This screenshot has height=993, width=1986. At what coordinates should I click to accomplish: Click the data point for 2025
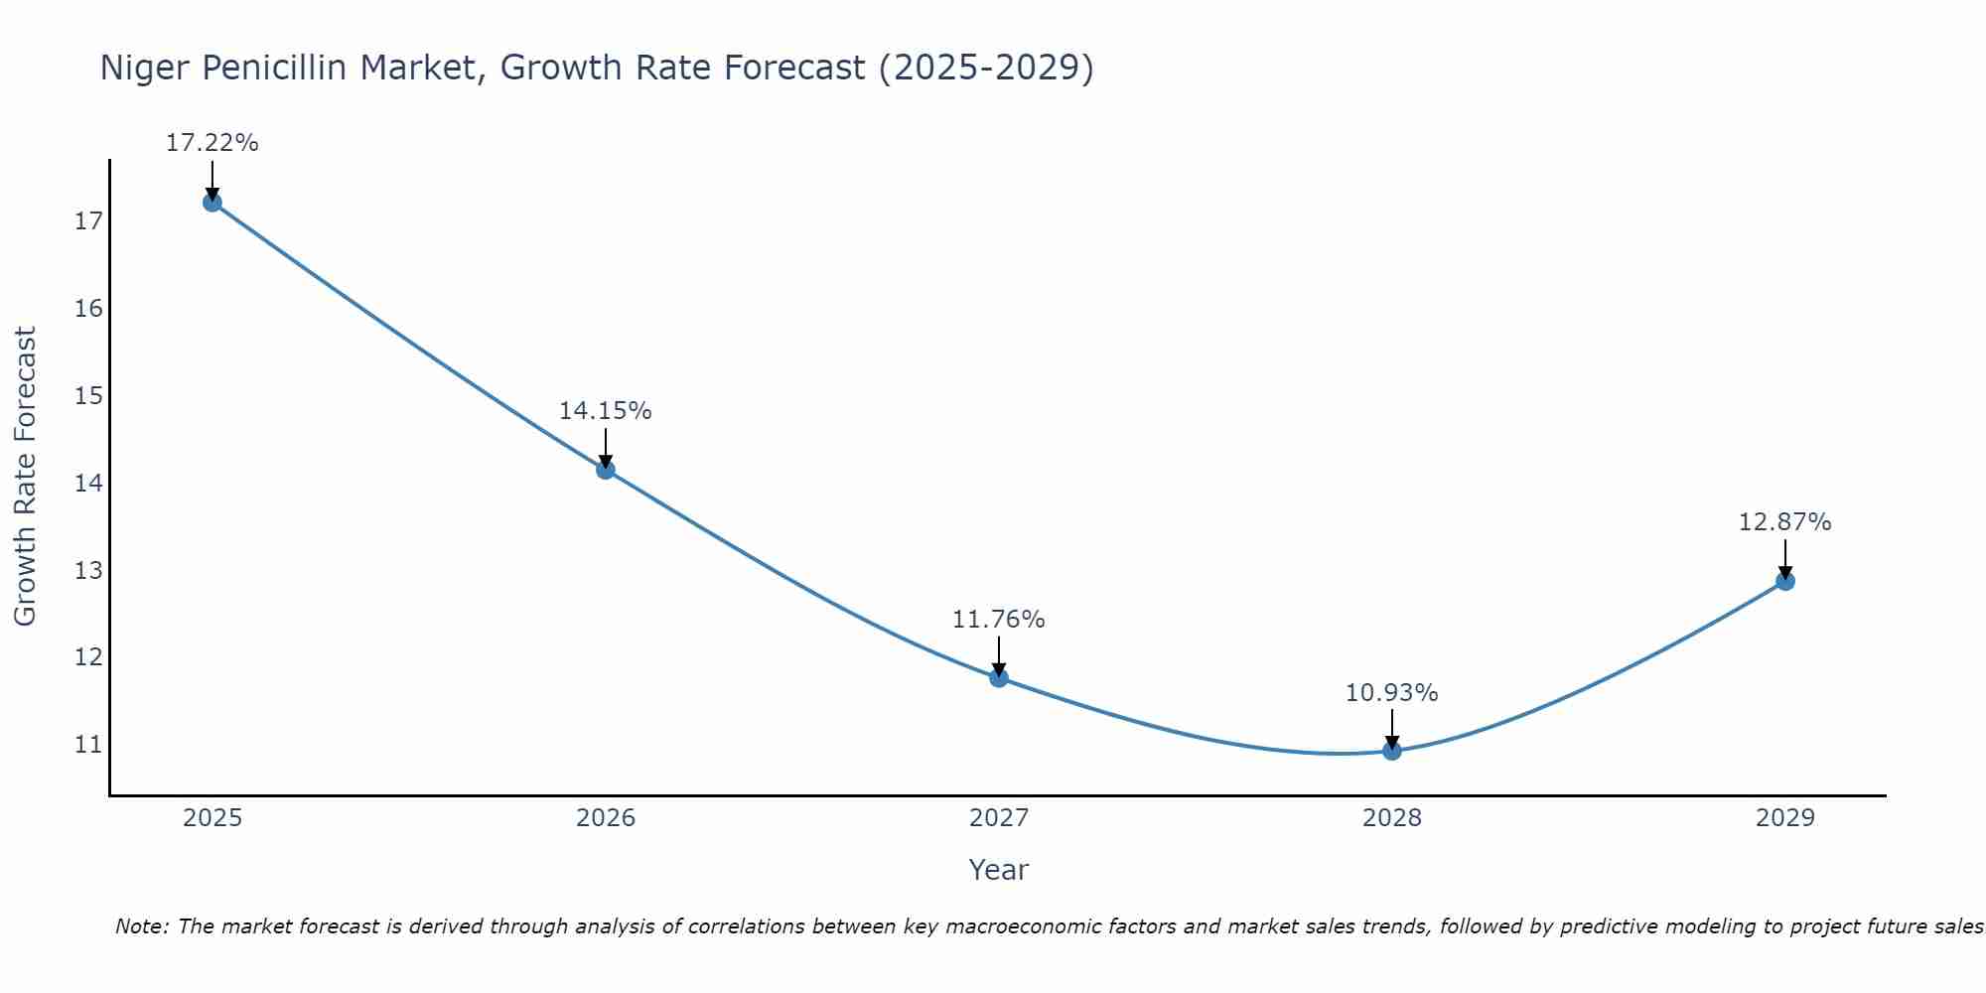[212, 203]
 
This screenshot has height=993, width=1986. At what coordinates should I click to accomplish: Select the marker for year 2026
[606, 470]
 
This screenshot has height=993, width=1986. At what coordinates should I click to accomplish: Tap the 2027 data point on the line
[999, 678]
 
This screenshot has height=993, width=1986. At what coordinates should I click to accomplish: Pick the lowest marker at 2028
[1392, 751]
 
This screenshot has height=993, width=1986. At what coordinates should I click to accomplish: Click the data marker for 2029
[1785, 581]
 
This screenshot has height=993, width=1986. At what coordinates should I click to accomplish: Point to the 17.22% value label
[212, 143]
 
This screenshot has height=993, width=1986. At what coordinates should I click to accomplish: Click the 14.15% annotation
[605, 411]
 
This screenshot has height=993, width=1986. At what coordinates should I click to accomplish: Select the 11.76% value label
[998, 620]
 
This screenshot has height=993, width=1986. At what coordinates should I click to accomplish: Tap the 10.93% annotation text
[1391, 693]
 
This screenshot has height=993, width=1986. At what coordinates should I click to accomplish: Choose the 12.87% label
[1784, 522]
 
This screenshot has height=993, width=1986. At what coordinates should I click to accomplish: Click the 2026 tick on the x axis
[606, 818]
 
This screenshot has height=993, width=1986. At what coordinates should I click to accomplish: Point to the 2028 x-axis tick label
[1392, 818]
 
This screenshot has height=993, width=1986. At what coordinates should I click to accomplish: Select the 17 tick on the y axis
[88, 221]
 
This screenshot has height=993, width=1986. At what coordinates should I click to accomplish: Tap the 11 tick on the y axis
[88, 745]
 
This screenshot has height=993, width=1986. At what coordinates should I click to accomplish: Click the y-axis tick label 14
[88, 484]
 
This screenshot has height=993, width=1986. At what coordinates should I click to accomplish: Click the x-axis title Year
[998, 870]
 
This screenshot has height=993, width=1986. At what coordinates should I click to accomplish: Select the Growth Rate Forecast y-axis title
[25, 477]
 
